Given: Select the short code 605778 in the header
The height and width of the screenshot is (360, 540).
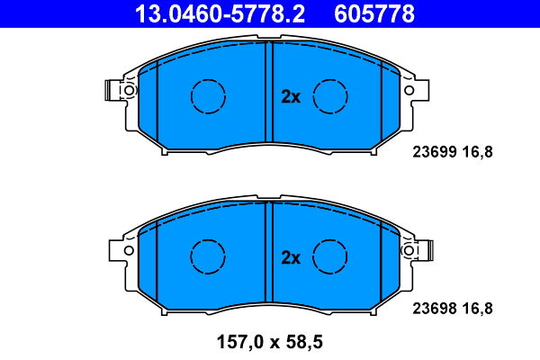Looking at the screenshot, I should (x=374, y=13).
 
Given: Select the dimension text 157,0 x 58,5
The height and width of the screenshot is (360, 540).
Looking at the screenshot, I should (x=267, y=342).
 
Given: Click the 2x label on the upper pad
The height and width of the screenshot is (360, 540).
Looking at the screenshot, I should (x=290, y=97).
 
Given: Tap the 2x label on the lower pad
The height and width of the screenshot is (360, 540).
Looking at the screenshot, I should (x=290, y=258).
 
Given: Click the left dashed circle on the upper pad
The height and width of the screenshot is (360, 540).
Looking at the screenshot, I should (x=207, y=94).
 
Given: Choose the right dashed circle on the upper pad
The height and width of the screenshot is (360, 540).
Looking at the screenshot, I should (x=329, y=94).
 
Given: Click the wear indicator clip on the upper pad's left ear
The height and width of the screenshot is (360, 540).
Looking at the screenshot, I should (x=112, y=90).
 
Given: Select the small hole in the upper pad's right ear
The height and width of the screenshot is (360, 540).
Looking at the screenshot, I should (x=410, y=90).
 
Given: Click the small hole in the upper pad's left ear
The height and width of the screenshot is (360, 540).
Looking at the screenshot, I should (x=128, y=90).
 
